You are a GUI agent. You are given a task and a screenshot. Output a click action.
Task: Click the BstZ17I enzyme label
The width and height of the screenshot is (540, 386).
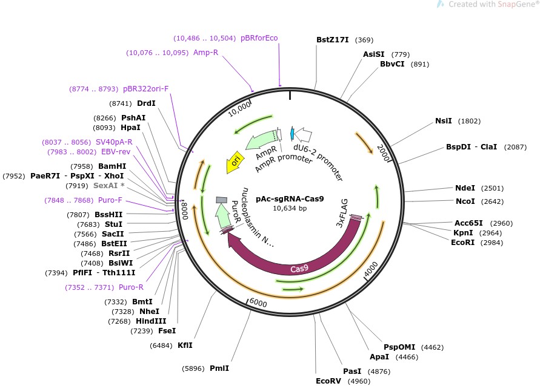point(332,40)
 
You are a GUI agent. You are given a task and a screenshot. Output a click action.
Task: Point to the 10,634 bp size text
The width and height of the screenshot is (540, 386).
point(290,208)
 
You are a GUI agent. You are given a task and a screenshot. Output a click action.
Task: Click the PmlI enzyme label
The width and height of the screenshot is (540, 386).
point(219,368)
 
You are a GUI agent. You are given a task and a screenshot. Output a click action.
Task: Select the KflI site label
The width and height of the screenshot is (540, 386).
point(185,345)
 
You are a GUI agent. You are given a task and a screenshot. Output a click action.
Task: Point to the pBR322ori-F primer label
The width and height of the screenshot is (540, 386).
point(145,89)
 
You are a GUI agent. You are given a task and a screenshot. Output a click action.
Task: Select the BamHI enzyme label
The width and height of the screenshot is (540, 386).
point(112,166)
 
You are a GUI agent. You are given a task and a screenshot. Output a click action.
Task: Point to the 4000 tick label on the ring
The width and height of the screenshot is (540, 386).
point(370,269)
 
